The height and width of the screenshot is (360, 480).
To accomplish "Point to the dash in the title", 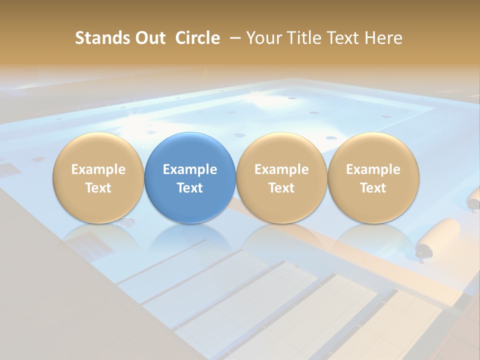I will tap(234, 38).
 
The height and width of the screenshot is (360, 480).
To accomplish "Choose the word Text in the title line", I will tap(345, 38).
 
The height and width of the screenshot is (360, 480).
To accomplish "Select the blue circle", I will tap(190, 178).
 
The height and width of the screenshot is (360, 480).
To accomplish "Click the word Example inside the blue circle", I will tap(190, 169).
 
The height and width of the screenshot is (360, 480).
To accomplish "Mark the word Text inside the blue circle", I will tap(190, 188).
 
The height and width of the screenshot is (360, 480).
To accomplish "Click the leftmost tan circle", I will tap(98, 178).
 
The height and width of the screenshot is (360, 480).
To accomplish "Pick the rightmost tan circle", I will tap(373, 178).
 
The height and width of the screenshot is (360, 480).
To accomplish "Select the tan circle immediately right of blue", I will tap(281, 178).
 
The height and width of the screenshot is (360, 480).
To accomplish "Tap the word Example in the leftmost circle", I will tap(98, 169).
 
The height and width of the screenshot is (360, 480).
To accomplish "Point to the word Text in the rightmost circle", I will tap(373, 188).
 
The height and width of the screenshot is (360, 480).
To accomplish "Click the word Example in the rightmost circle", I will tap(373, 169).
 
